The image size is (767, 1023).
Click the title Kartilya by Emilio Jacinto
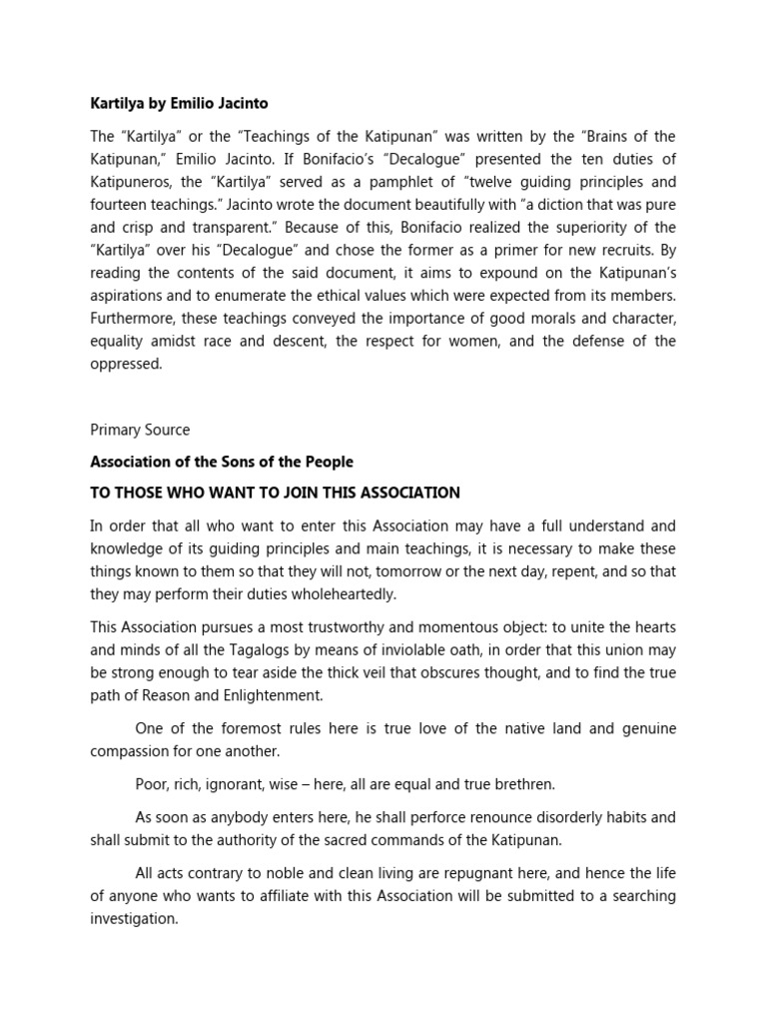click(x=179, y=103)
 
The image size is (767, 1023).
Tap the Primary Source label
click(x=140, y=430)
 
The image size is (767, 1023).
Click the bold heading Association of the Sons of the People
click(x=222, y=462)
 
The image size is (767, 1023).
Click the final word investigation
click(x=133, y=920)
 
